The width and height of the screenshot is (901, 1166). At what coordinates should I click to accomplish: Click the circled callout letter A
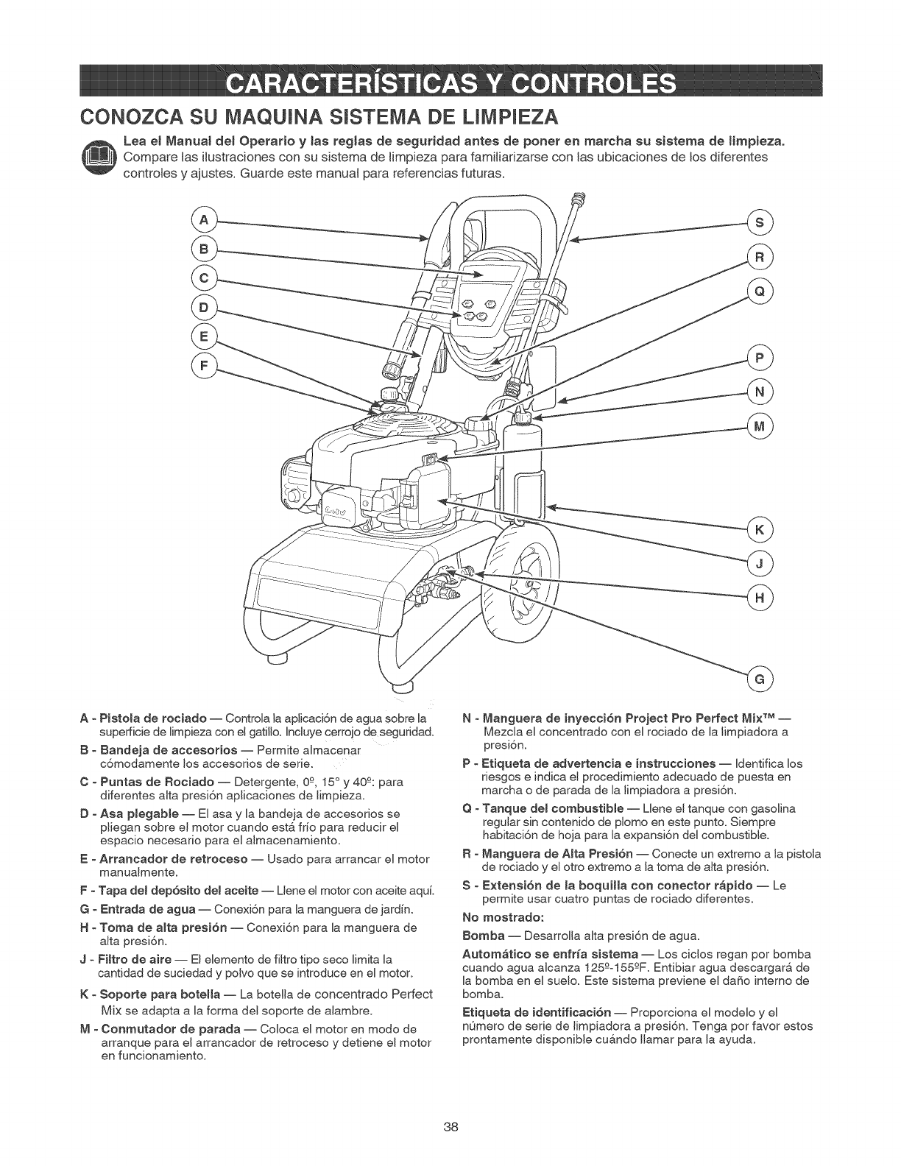point(202,219)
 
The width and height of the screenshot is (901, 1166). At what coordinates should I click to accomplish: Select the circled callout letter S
point(759,222)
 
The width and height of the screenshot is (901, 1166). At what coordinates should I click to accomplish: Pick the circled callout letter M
point(759,426)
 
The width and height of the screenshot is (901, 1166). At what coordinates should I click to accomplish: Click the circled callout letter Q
point(759,290)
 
